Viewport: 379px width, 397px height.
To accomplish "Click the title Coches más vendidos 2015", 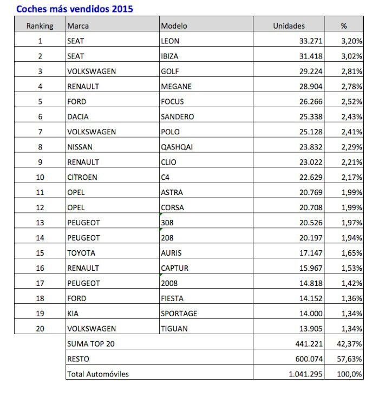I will (75, 9).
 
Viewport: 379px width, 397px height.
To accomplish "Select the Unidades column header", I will (289, 25).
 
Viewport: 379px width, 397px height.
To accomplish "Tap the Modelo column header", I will (173, 25).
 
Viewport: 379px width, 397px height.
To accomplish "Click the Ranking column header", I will (40, 25).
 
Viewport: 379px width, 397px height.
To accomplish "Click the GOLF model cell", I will (170, 71).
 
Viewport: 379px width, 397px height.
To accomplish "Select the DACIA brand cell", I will (78, 116).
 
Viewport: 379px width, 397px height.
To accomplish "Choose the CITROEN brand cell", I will (82, 177).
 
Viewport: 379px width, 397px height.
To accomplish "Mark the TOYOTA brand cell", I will (81, 253).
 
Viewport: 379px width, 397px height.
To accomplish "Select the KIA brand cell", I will (73, 314).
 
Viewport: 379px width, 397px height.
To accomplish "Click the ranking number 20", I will (40, 329).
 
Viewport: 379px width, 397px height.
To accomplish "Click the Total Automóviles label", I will (98, 374).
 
